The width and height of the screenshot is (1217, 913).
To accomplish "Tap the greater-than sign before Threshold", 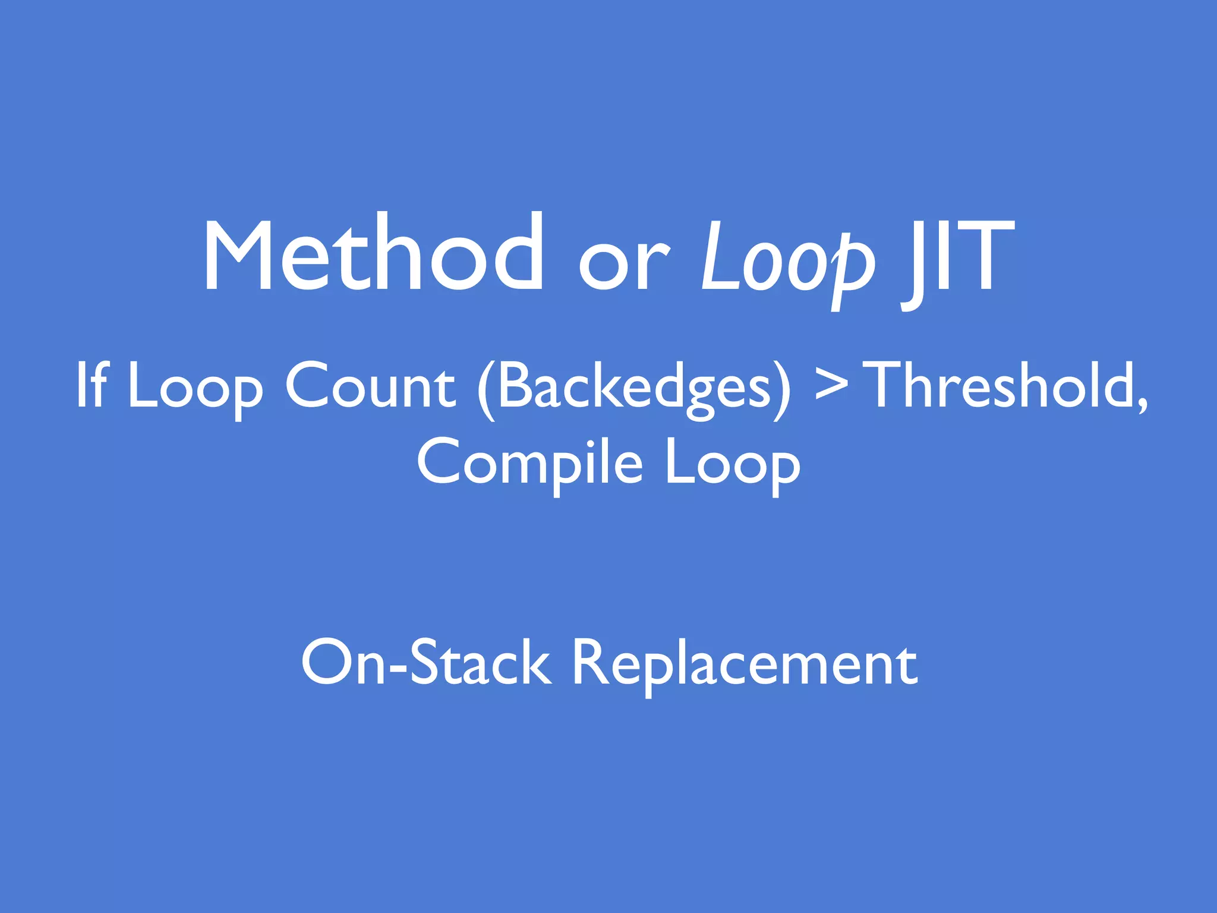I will pyautogui.click(x=831, y=386).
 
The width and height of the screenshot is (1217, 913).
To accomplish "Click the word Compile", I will pyautogui.click(x=529, y=464).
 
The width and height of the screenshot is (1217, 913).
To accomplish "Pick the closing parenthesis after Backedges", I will pyautogui.click(x=782, y=389).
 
